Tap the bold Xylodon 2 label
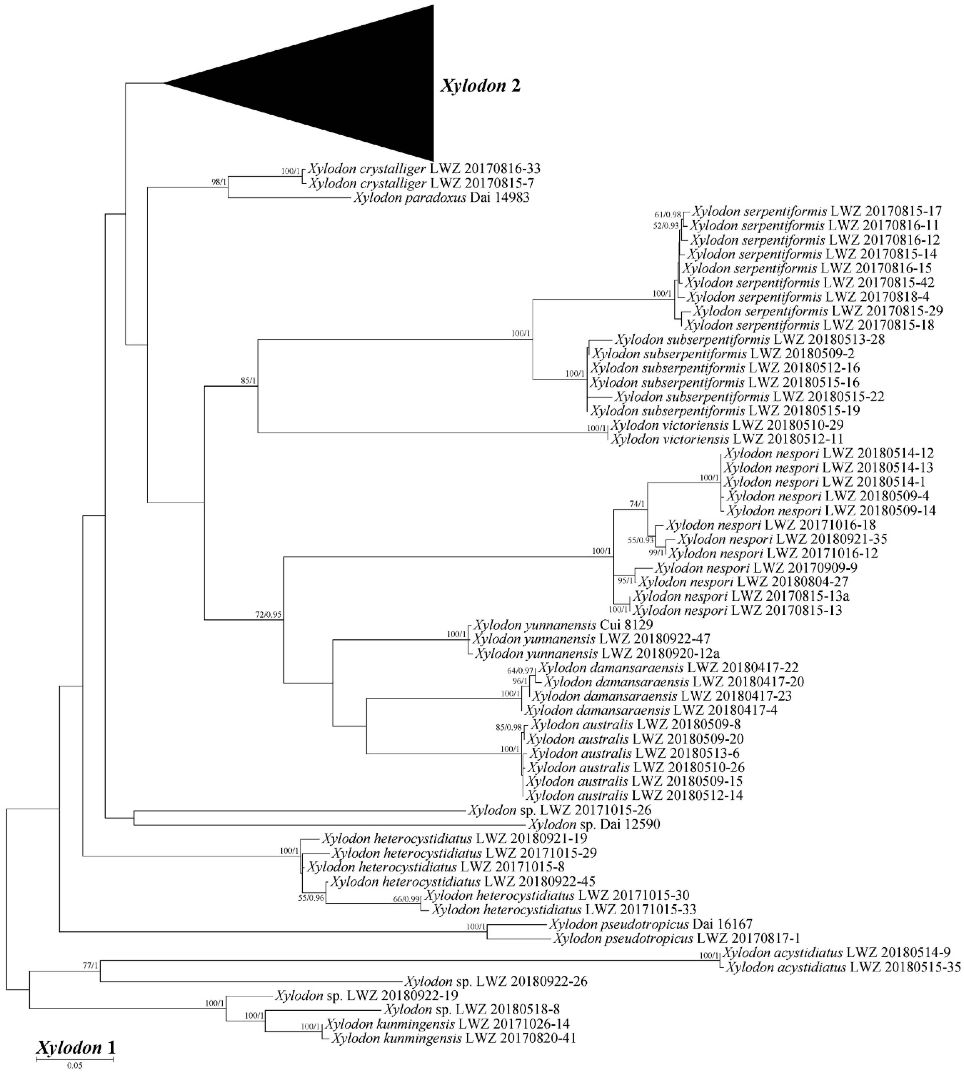point(480,86)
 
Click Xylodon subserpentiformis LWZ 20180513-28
point(749,339)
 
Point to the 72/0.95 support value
point(268,615)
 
